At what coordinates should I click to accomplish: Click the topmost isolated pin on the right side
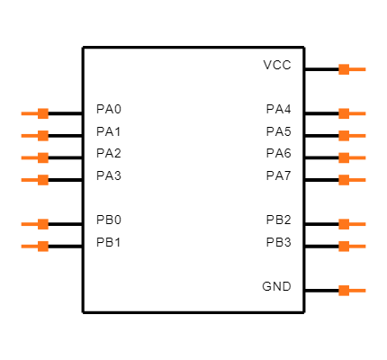352,69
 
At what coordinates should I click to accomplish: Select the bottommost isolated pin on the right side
352,291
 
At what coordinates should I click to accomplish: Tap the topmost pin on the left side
35,113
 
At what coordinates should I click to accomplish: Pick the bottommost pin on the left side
35,246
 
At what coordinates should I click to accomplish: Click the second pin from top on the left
35,136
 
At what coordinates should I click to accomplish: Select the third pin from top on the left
35,157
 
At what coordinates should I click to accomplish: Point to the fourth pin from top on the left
35,180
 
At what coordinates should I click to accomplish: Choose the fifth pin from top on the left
35,224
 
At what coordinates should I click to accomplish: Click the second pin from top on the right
352,113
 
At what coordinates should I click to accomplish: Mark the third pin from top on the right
352,136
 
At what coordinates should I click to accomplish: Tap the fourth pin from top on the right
352,157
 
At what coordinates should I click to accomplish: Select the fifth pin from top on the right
352,180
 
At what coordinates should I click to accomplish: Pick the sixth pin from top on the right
352,224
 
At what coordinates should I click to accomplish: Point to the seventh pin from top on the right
352,246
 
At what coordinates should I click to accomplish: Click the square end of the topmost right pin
344,69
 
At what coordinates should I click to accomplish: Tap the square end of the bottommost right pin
344,291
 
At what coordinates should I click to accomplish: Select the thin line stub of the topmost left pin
29,113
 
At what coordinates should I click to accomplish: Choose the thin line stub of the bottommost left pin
29,246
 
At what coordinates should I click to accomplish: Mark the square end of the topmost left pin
43,113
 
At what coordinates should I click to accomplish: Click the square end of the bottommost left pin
43,246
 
